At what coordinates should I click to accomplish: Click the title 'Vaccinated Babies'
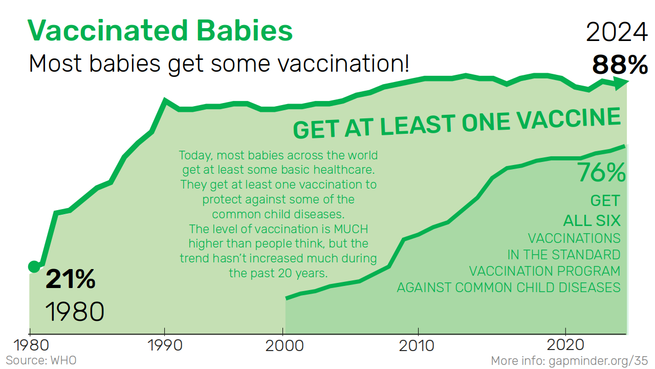coord(160,31)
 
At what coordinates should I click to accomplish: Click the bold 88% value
coord(620,65)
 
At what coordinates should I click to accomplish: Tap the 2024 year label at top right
coord(617,33)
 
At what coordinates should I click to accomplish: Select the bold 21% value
coord(71,280)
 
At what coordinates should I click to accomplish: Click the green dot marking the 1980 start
coord(34,266)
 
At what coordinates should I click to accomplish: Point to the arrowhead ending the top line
coord(622,84)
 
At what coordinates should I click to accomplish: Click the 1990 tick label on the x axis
coord(164,345)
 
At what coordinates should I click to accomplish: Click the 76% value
coord(601,173)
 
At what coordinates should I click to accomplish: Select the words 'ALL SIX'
coord(592,221)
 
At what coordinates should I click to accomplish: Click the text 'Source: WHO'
coord(41,360)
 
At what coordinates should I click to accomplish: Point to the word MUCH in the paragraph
coord(351,229)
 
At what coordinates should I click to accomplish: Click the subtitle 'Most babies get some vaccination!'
coord(219,64)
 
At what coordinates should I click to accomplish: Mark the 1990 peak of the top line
coord(165,100)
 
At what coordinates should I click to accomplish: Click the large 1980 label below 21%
coord(75,312)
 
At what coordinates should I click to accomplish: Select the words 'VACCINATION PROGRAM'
coord(544,271)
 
